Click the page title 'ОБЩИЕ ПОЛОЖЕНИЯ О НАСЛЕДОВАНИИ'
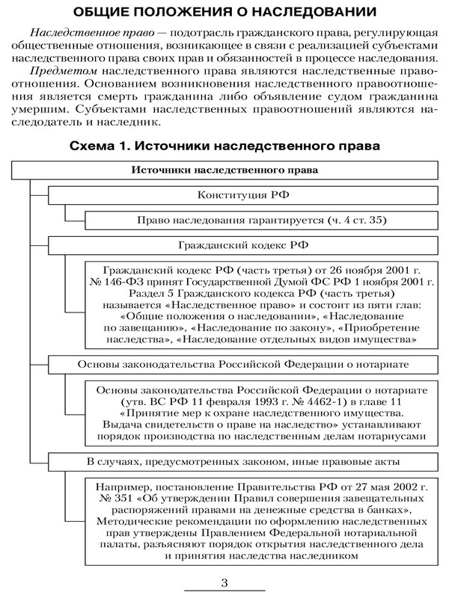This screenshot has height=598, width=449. (x=224, y=13)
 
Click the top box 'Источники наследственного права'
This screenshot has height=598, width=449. (x=224, y=170)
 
